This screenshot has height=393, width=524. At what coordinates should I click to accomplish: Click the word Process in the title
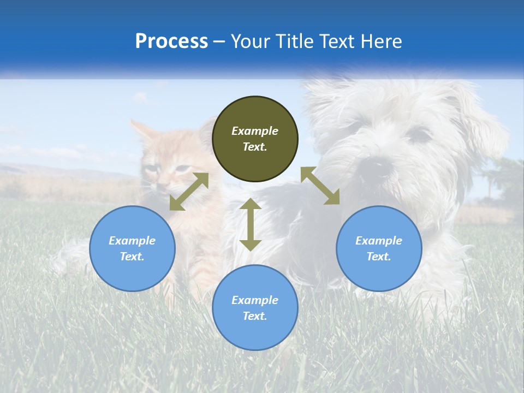(x=171, y=41)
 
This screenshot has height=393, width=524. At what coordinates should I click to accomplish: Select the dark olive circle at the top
(x=255, y=139)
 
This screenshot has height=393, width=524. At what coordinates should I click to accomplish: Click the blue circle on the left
(x=132, y=248)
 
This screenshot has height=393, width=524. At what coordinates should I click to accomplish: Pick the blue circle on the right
(x=379, y=248)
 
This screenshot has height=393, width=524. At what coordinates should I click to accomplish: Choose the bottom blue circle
(x=255, y=307)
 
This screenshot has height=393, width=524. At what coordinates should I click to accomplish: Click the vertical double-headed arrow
(x=251, y=224)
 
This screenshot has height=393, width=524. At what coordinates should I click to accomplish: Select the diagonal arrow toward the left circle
(x=189, y=192)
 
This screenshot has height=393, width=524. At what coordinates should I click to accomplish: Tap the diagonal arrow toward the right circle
(x=320, y=186)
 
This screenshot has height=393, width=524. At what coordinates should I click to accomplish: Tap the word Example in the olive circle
(x=255, y=131)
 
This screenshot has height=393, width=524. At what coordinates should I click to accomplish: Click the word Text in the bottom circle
(x=254, y=316)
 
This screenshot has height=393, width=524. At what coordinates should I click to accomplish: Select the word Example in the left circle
(x=132, y=241)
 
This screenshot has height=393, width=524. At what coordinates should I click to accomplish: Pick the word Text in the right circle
(x=378, y=257)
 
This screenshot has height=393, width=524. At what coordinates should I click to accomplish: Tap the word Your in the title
(x=248, y=41)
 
